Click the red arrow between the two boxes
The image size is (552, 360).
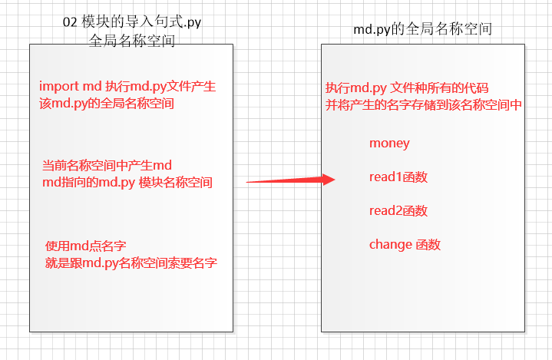[x=290, y=181]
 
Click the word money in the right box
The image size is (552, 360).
[x=389, y=144]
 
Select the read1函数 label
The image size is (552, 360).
[x=398, y=177]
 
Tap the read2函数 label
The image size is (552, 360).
[x=398, y=211]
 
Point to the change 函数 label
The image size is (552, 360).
[x=405, y=245]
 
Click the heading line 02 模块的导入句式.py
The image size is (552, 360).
[x=132, y=22]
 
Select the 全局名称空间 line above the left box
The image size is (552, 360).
[x=132, y=40]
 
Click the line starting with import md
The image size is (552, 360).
[x=127, y=87]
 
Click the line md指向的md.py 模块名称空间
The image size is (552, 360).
[x=127, y=183]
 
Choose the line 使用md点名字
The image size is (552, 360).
[x=85, y=246]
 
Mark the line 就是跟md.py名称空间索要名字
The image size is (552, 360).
[x=131, y=263]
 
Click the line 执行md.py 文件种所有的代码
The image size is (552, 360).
[x=407, y=87]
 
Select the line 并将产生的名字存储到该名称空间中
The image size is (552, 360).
[x=424, y=104]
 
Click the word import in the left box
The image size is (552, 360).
[x=54, y=87]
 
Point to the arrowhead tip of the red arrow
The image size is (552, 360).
[x=335, y=180]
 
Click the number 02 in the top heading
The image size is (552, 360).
[x=70, y=22]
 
